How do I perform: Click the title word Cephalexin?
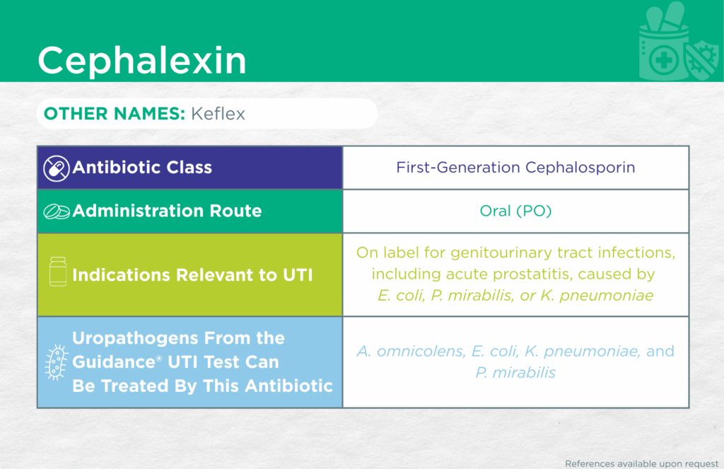click(141, 60)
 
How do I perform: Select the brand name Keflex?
click(218, 114)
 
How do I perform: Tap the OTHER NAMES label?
click(115, 114)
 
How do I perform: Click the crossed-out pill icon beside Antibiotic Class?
click(57, 168)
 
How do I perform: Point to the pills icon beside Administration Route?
click(57, 212)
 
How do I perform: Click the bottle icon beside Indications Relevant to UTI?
click(58, 271)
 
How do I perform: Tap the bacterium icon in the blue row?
click(57, 362)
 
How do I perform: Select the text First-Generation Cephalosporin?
click(515, 167)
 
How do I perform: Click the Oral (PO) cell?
click(515, 212)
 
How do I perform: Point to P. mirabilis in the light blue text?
click(515, 372)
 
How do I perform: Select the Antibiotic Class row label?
click(142, 167)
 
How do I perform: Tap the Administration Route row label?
click(167, 212)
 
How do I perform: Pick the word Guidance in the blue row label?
click(114, 361)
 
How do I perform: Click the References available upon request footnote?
click(642, 463)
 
